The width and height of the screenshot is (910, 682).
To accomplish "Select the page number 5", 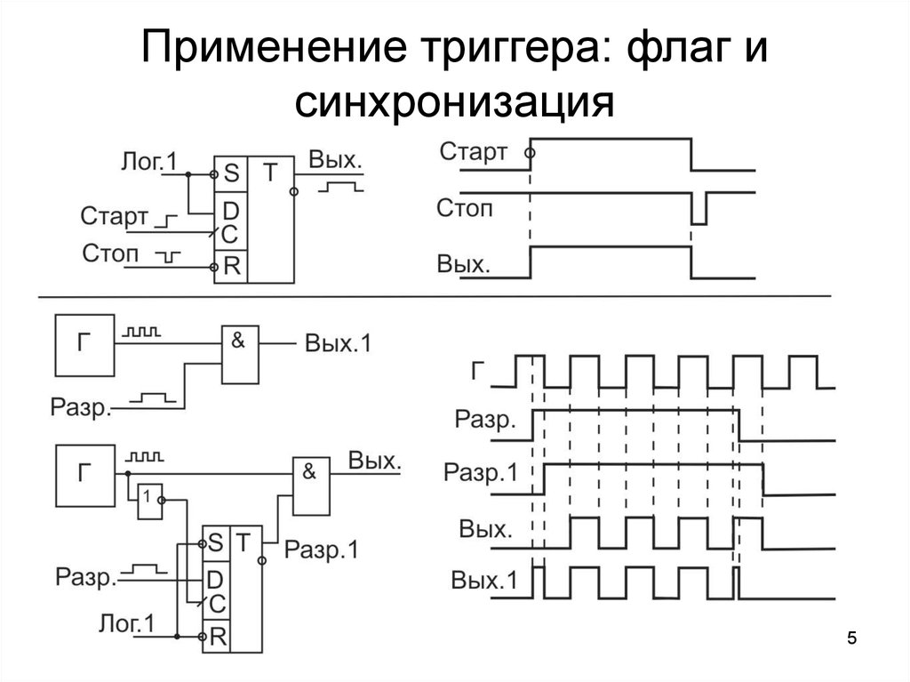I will [852, 638].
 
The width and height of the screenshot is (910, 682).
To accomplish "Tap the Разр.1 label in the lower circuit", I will [321, 550].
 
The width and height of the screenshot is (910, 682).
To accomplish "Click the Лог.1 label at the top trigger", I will [148, 161].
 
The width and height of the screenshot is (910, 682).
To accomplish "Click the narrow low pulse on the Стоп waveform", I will [699, 213].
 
